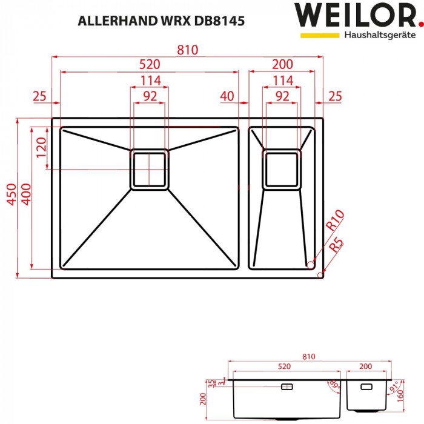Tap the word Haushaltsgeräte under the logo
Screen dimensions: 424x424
[380, 35]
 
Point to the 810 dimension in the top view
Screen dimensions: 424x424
[187, 50]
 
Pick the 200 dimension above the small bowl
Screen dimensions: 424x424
[282, 65]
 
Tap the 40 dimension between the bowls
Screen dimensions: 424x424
[227, 96]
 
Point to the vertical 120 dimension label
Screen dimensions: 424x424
[41, 148]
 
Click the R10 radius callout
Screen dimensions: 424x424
[334, 219]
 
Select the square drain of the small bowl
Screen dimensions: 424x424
[282, 169]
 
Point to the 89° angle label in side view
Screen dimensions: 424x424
[333, 386]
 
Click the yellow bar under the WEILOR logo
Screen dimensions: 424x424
[320, 36]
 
